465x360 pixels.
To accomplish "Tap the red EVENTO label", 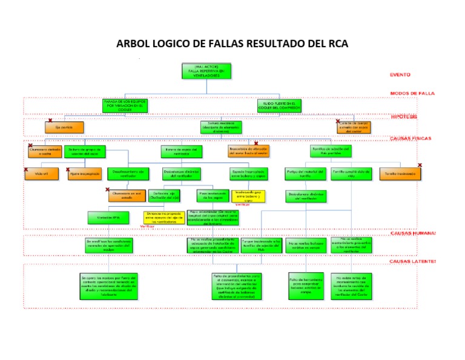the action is [x=400, y=75].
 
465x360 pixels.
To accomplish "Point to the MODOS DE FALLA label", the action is [x=413, y=93].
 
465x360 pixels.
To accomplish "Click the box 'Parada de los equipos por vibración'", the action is [x=125, y=105].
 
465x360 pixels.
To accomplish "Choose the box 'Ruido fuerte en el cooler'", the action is [x=278, y=105].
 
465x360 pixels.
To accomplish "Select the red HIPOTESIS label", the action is [x=404, y=116].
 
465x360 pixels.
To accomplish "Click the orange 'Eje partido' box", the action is [x=64, y=128].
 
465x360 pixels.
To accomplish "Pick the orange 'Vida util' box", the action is [x=42, y=174].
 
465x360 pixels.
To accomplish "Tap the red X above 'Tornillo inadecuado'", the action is [x=419, y=165].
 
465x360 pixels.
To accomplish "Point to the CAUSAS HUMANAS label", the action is [x=412, y=233].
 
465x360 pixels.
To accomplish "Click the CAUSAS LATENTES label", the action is [x=412, y=261].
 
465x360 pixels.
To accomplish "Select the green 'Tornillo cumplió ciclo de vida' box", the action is [x=351, y=173].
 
